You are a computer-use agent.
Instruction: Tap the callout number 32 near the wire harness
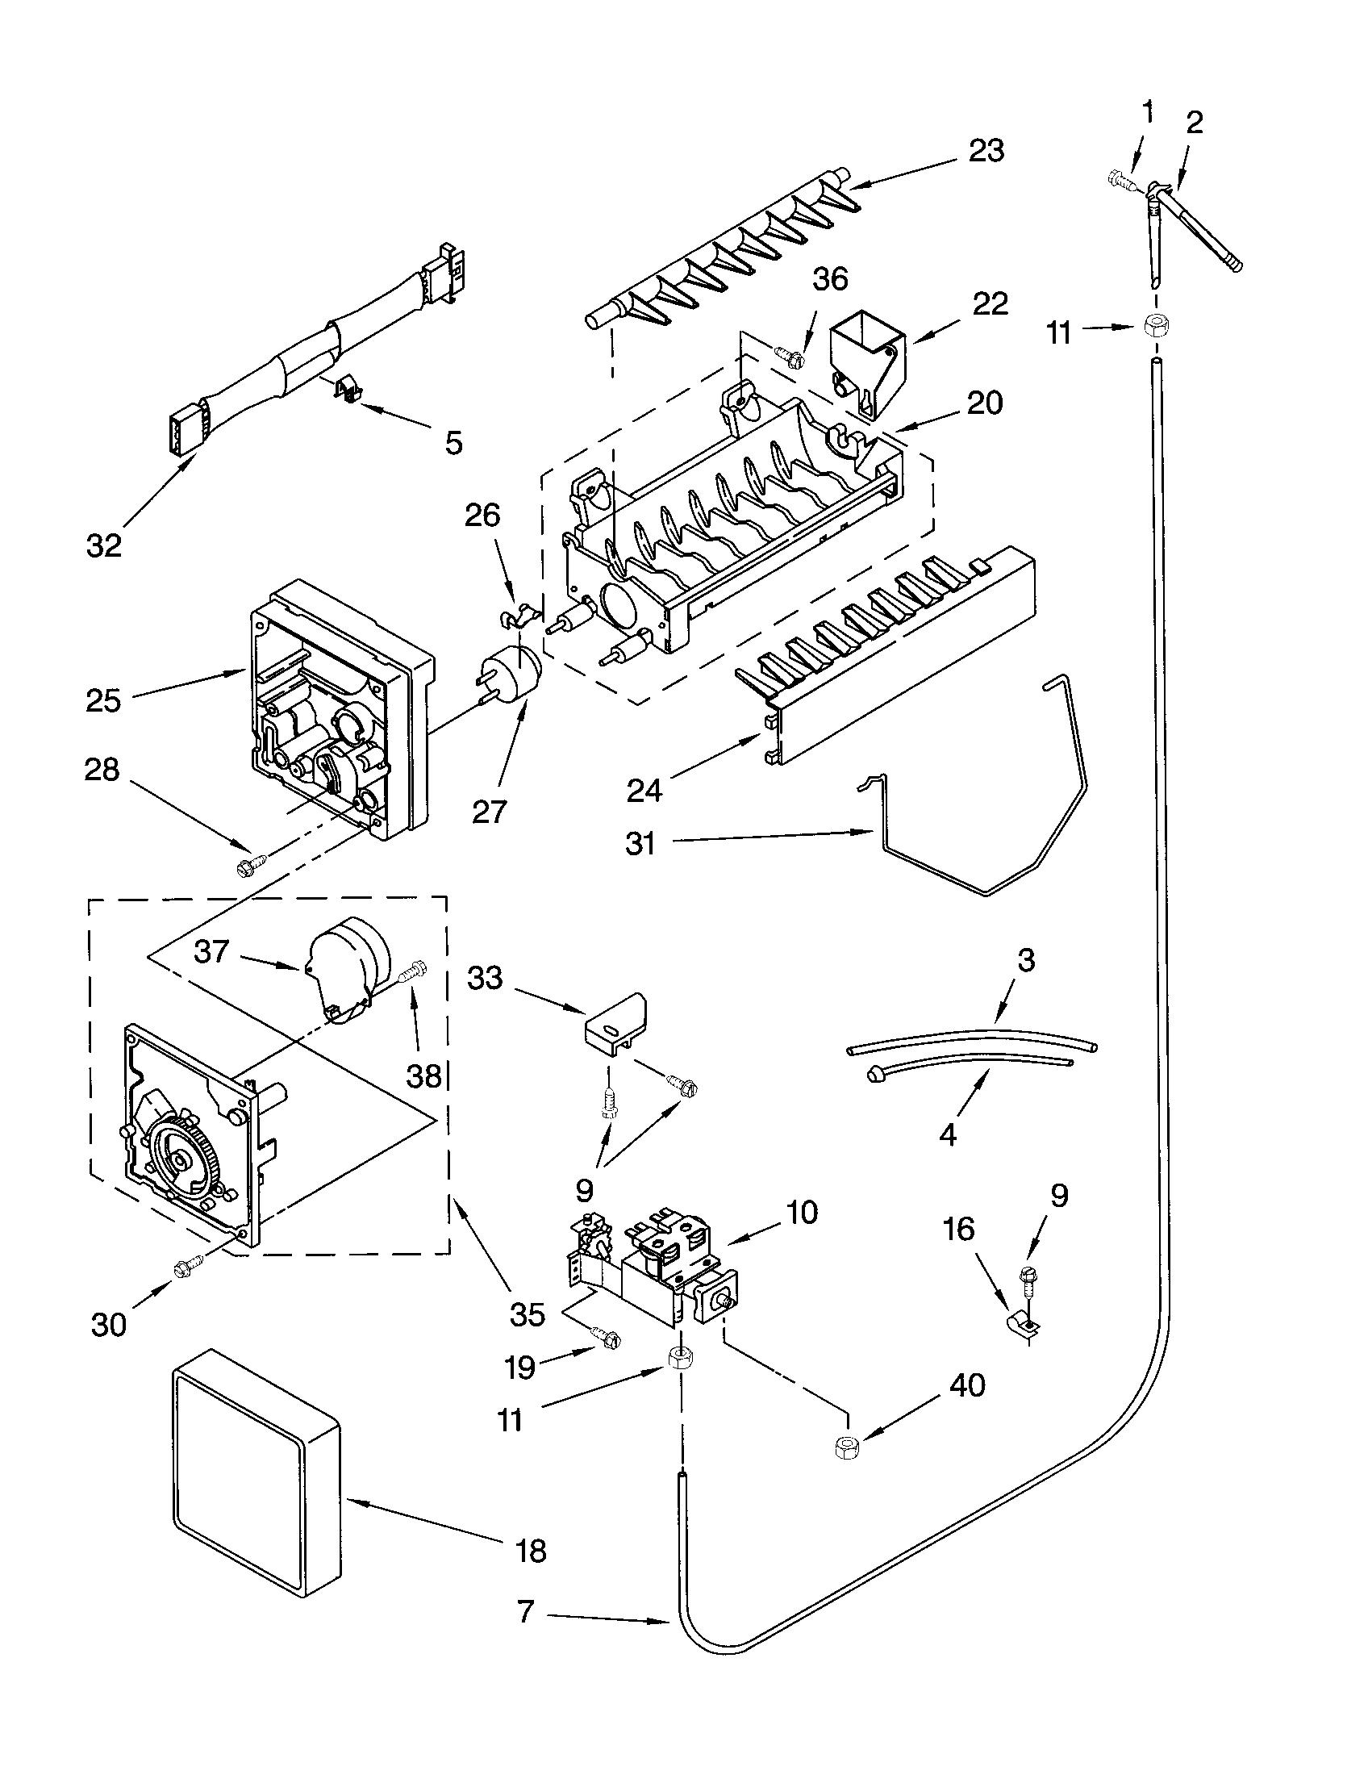(x=104, y=545)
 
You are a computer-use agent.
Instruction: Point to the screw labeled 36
(x=789, y=354)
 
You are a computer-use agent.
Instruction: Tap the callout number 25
(x=104, y=700)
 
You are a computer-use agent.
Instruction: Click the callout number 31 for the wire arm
(x=640, y=844)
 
